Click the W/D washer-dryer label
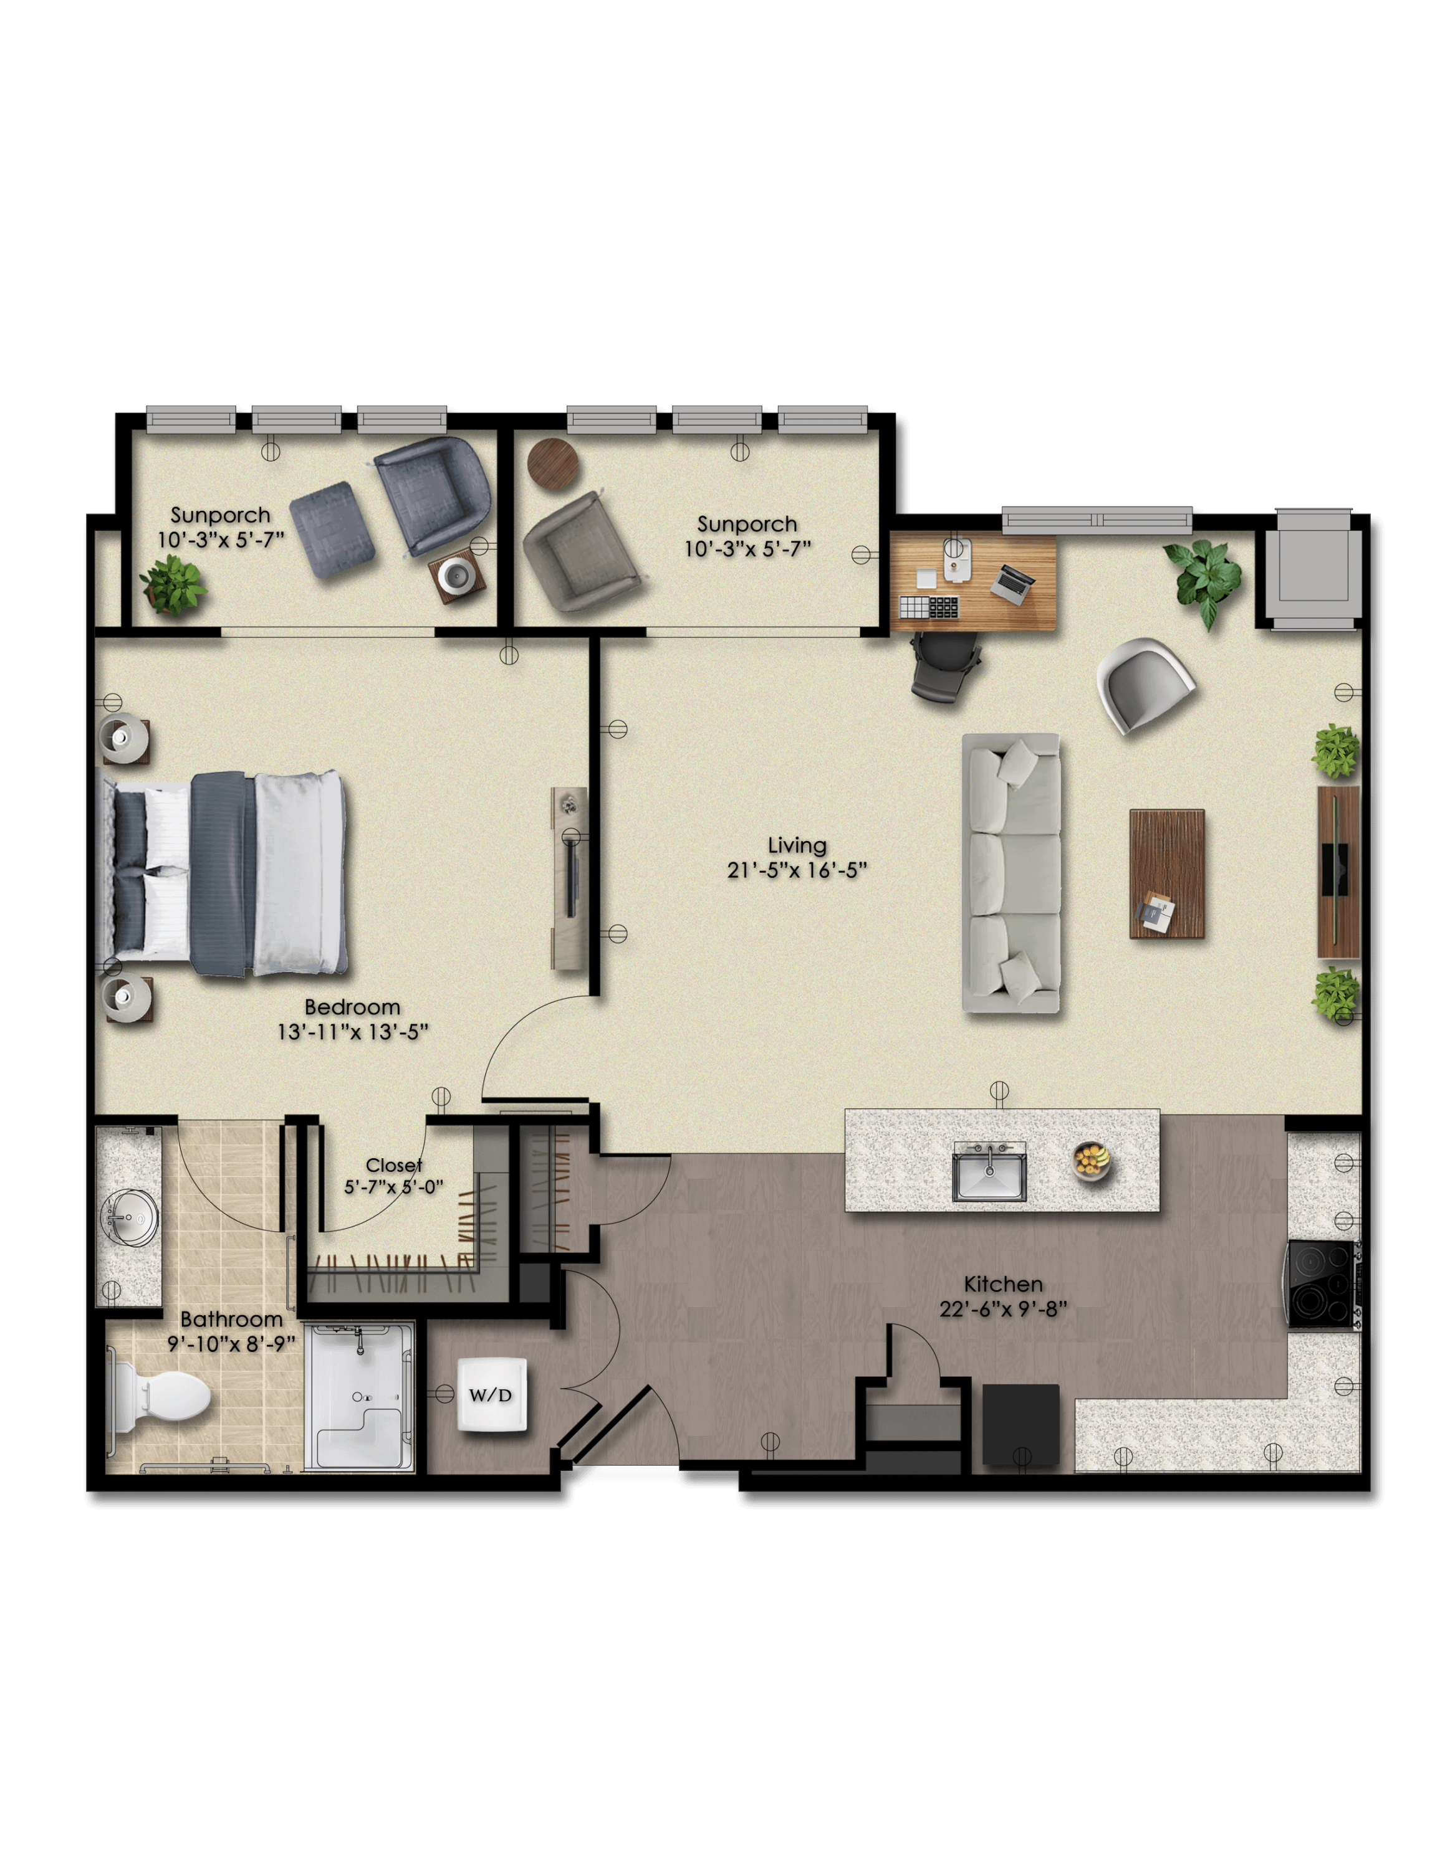point(491,1395)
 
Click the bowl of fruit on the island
point(1092,1161)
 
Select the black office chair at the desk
point(945,667)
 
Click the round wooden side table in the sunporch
point(553,464)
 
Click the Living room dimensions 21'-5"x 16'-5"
point(797,870)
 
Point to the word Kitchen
point(1003,1283)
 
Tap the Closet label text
point(394,1165)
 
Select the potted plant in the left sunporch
point(174,586)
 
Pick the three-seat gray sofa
point(1011,873)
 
